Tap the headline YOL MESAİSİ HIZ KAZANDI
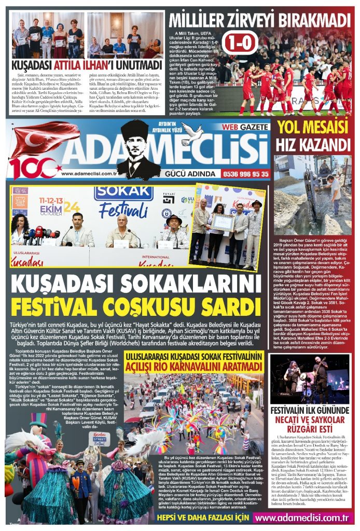(x=313, y=136)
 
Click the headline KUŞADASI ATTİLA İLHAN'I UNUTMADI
(x=86, y=66)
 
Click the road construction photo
(x=313, y=194)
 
